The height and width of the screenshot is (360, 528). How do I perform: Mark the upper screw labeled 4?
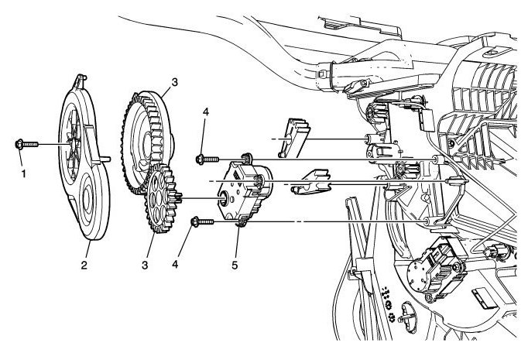(204, 159)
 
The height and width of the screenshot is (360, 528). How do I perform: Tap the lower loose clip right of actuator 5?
(312, 181)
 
